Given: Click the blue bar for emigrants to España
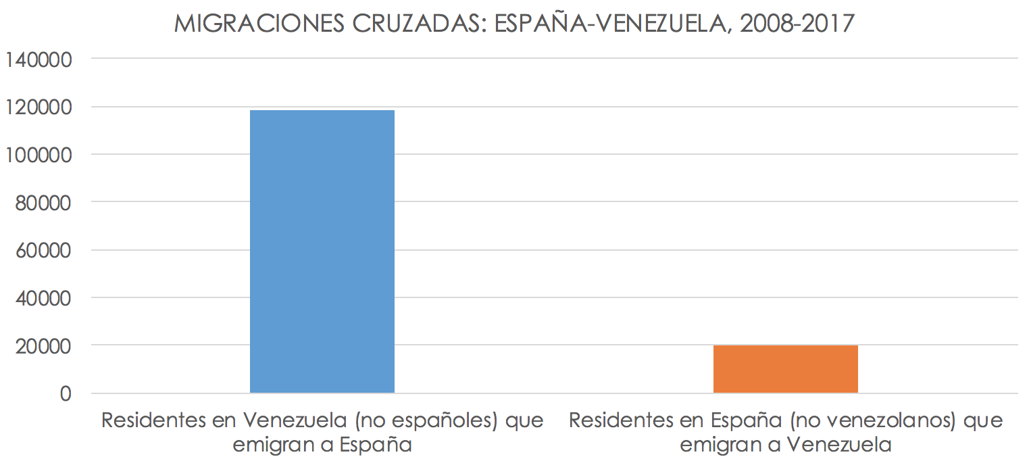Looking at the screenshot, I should (322, 251).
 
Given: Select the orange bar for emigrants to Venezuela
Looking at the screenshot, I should (785, 369).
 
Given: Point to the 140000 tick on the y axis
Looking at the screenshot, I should (38, 59).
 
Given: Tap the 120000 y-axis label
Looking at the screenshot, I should (38, 107).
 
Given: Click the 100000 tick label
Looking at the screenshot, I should (38, 155).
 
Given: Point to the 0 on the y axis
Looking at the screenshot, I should (66, 393).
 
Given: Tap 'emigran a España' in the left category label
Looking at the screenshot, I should (322, 445).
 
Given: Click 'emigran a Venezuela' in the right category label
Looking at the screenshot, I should (785, 445).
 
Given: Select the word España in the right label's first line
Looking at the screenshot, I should (745, 420).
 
